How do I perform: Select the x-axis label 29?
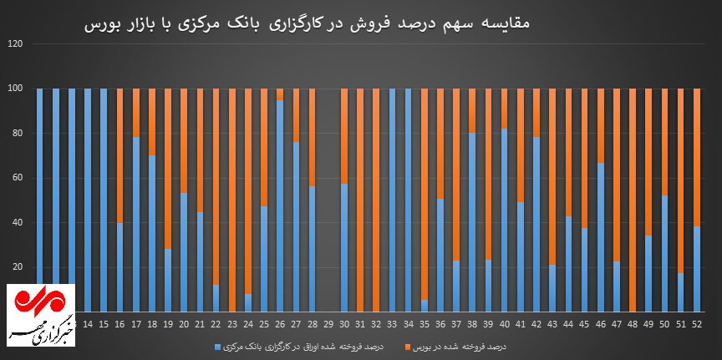[x=328, y=323]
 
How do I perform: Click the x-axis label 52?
[x=697, y=323]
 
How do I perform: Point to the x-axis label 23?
[x=232, y=323]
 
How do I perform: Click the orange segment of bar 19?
[x=168, y=167]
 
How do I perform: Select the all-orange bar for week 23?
[x=232, y=200]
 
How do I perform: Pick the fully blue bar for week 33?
[x=392, y=200]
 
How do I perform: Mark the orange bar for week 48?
[x=633, y=200]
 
